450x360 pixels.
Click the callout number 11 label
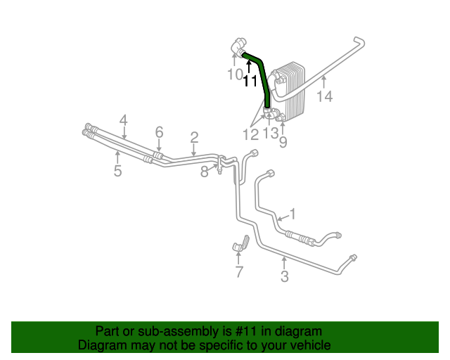pyautogui.click(x=250, y=81)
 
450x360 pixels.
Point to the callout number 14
pyautogui.click(x=324, y=96)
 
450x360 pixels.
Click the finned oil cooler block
pyautogui.click(x=290, y=91)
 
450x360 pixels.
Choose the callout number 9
pyautogui.click(x=283, y=143)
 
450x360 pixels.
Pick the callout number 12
pyautogui.click(x=251, y=133)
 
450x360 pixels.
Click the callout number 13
pyautogui.click(x=271, y=133)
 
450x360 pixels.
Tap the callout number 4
pyautogui.click(x=123, y=120)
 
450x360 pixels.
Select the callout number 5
pyautogui.click(x=117, y=170)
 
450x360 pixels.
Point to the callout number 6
pyautogui.click(x=159, y=132)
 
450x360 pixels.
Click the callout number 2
pyautogui.click(x=194, y=138)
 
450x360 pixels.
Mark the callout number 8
pyautogui.click(x=205, y=172)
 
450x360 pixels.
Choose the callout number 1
pyautogui.click(x=292, y=214)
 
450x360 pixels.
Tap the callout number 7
pyautogui.click(x=239, y=271)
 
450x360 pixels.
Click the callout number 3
pyautogui.click(x=284, y=276)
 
